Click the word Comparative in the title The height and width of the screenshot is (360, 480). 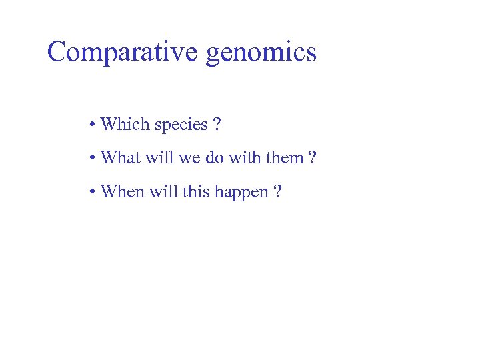pyautogui.click(x=123, y=51)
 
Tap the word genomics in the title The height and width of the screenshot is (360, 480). pyautogui.click(x=261, y=53)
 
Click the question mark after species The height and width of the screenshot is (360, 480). pyautogui.click(x=217, y=125)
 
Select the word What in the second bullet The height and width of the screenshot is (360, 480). pyautogui.click(x=119, y=158)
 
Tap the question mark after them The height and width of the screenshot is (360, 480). pyautogui.click(x=312, y=158)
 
